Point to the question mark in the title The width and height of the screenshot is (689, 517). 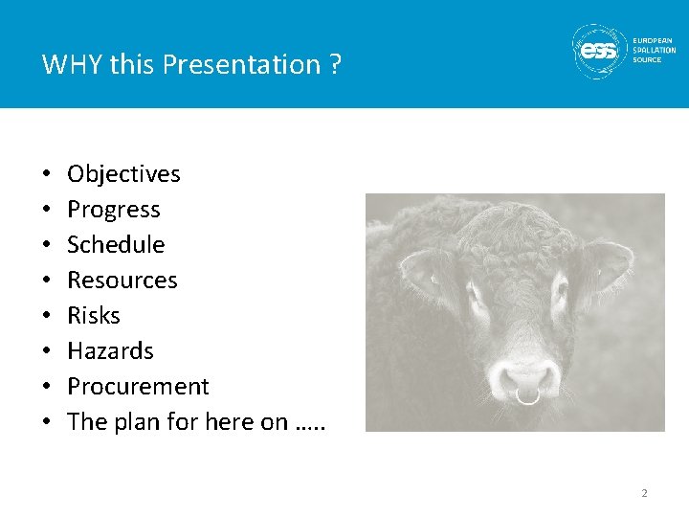tap(334, 65)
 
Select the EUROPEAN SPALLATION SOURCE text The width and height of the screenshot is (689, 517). tap(654, 51)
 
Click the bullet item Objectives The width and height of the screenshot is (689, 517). tap(123, 174)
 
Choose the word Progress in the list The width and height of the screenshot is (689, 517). tap(114, 210)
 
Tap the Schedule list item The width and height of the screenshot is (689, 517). tap(116, 245)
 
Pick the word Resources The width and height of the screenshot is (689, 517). tap(122, 281)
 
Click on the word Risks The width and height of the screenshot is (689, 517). tap(94, 316)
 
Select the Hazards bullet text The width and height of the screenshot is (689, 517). tap(110, 351)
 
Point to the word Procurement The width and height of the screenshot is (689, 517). tap(138, 387)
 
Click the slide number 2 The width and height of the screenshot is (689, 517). tap(644, 493)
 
